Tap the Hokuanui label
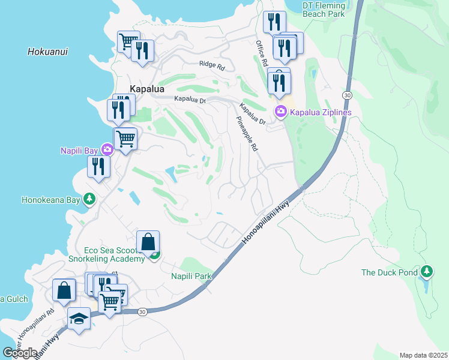click(47, 52)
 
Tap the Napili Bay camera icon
click(107, 149)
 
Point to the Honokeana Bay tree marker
click(89, 199)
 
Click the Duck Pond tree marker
click(426, 272)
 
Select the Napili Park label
click(191, 276)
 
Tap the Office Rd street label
click(261, 53)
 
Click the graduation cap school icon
click(79, 318)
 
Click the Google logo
click(20, 353)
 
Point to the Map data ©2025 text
click(423, 355)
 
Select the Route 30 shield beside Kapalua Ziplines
click(347, 95)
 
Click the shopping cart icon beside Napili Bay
click(125, 139)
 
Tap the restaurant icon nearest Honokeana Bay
click(98, 166)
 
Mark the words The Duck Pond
click(389, 272)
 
